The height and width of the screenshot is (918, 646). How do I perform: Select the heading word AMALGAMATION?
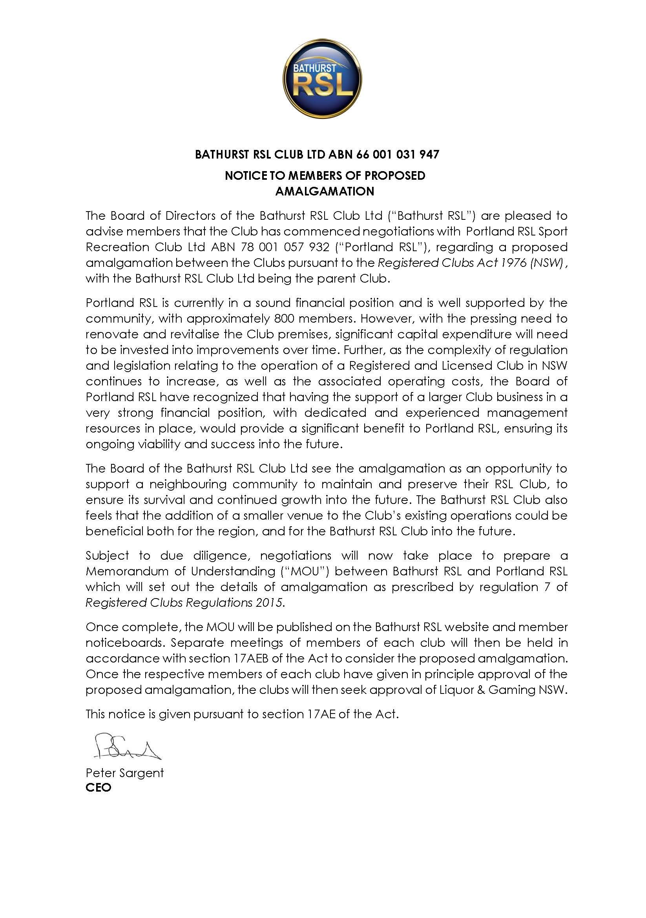coord(325,191)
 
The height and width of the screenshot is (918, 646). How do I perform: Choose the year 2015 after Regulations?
coord(270,602)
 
